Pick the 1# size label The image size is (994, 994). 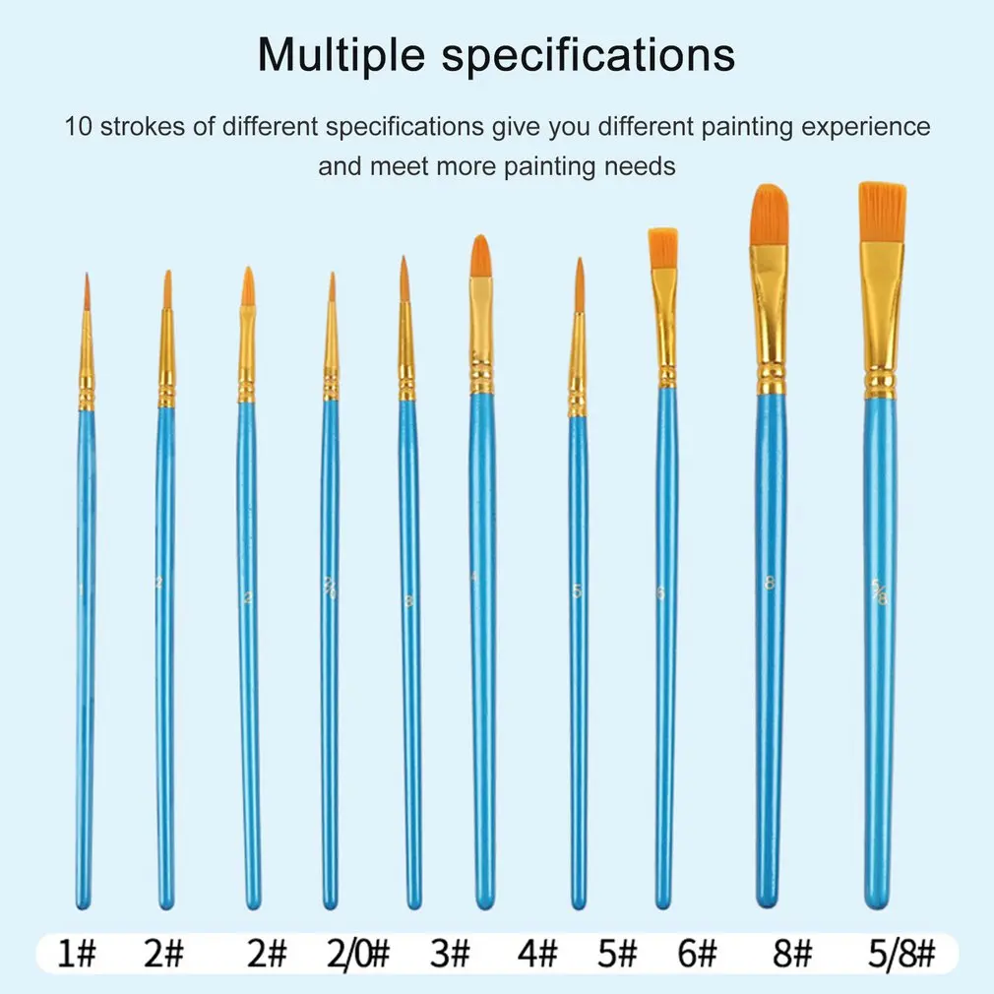tap(76, 954)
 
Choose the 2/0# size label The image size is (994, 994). tap(355, 954)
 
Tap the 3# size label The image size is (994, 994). tap(453, 954)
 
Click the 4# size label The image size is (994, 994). tap(536, 954)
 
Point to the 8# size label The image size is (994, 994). tap(791, 954)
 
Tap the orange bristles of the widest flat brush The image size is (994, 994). tap(883, 212)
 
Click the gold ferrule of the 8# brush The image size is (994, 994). tap(771, 305)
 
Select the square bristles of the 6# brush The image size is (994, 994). tap(662, 249)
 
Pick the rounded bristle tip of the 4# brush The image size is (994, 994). tap(480, 256)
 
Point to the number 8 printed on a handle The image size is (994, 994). tap(770, 583)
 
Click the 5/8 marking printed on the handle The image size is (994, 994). tap(879, 592)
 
